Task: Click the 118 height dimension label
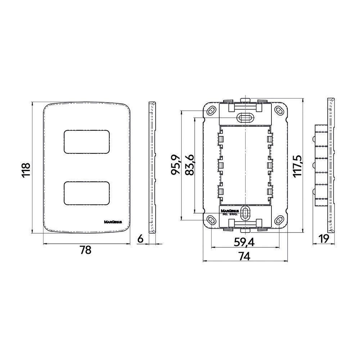point(26,170)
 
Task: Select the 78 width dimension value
point(86,250)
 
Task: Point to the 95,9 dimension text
point(176,165)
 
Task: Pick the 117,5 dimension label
point(298,166)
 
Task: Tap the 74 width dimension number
point(244,256)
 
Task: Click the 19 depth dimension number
point(324,239)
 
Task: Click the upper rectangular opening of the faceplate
point(86,141)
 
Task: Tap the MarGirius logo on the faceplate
point(113,222)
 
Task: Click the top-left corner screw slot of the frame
point(211,111)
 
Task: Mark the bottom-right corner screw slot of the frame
point(279,220)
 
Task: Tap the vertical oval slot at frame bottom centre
point(245,213)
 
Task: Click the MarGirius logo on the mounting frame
point(230,211)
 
